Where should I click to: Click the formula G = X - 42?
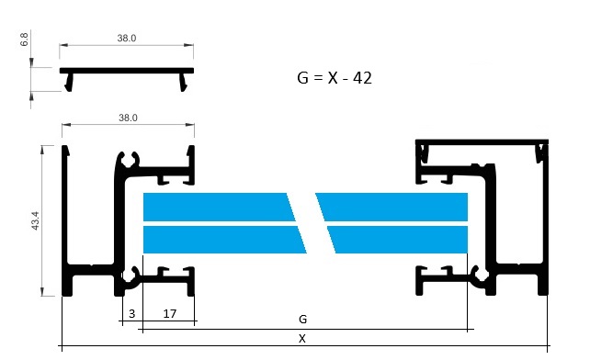[335, 78]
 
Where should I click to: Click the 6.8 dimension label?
[24, 39]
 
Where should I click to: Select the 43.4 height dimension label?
[35, 220]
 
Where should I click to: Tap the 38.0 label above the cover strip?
[127, 38]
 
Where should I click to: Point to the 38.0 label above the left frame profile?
[128, 118]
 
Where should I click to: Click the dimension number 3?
[131, 313]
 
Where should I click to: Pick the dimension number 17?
[170, 313]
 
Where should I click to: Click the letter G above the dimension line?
[302, 319]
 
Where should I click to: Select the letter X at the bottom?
[301, 339]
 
